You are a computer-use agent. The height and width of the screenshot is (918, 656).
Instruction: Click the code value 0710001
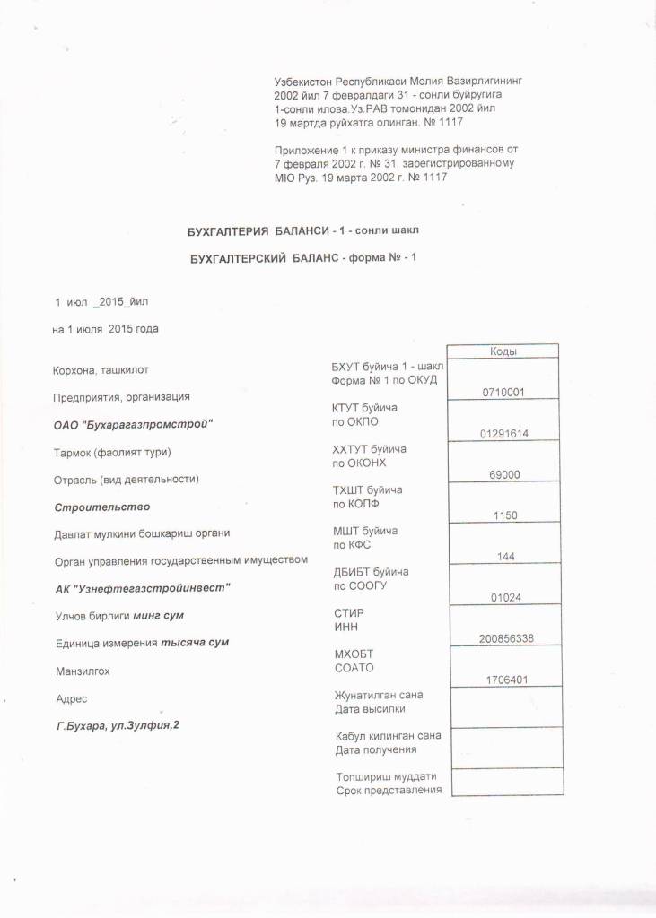click(503, 393)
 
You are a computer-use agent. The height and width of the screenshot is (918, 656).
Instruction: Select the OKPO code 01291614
click(503, 434)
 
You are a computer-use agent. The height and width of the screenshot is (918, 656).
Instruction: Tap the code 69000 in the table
click(504, 475)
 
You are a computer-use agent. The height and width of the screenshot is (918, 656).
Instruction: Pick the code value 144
click(504, 557)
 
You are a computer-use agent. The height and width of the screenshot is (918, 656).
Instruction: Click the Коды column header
click(504, 351)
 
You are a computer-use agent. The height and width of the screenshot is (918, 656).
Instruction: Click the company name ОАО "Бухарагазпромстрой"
click(135, 423)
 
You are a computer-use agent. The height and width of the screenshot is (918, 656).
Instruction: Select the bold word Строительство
click(101, 507)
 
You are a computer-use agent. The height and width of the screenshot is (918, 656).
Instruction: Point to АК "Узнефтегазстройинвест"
click(143, 589)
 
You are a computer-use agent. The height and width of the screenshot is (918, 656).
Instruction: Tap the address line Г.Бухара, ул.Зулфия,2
click(118, 724)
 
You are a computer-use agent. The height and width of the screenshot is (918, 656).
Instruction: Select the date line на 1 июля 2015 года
click(106, 329)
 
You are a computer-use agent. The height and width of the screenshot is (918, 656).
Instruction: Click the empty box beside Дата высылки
click(504, 708)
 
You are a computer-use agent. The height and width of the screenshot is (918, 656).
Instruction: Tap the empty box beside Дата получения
click(504, 749)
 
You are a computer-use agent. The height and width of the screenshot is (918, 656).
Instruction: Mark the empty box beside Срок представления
click(504, 783)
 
